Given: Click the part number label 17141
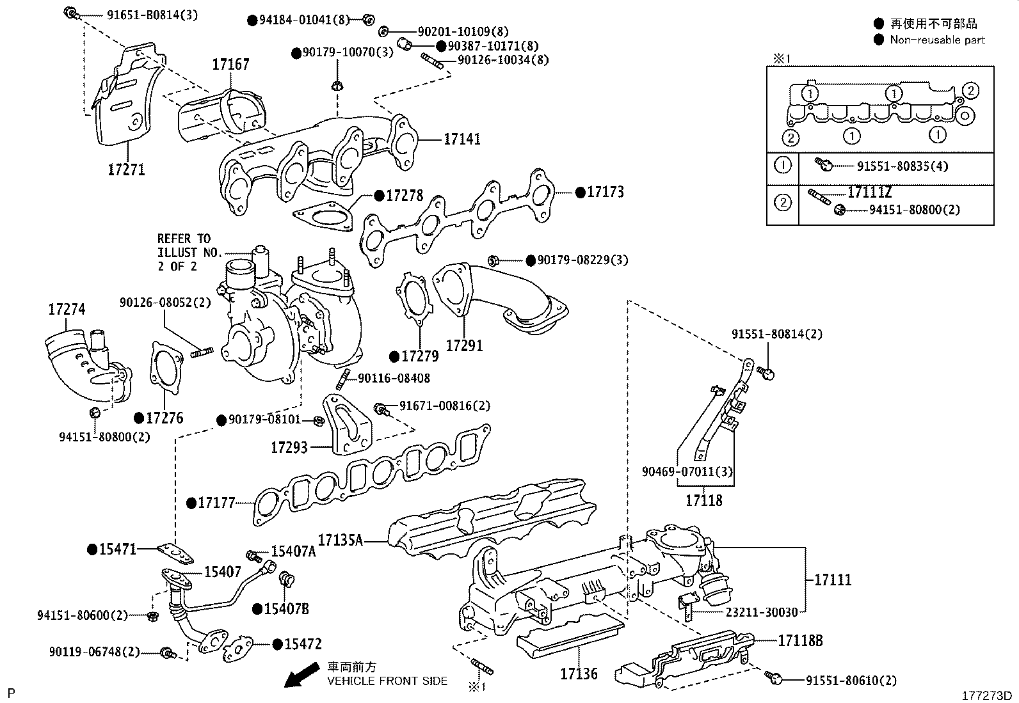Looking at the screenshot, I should [x=462, y=139].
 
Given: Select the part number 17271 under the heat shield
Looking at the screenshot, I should [x=126, y=170].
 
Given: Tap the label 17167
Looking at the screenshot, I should [x=231, y=65].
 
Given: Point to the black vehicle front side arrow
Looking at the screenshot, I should [x=301, y=675].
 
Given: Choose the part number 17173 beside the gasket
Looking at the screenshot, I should [x=605, y=192].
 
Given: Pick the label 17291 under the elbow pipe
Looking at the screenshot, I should [x=464, y=345].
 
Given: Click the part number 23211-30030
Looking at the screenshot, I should [x=762, y=612].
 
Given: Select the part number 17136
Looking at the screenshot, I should [x=579, y=674].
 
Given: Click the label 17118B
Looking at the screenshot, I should [x=800, y=640].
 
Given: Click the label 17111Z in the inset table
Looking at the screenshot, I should [x=870, y=192].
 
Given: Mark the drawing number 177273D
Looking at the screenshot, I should [x=986, y=695].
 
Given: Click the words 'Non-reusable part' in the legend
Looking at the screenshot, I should [x=937, y=40].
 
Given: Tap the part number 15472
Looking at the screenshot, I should [x=303, y=644].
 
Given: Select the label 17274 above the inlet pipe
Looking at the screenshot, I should [x=67, y=310].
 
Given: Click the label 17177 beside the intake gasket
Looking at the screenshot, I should [x=216, y=503].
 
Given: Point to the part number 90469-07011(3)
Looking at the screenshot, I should [x=688, y=472].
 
